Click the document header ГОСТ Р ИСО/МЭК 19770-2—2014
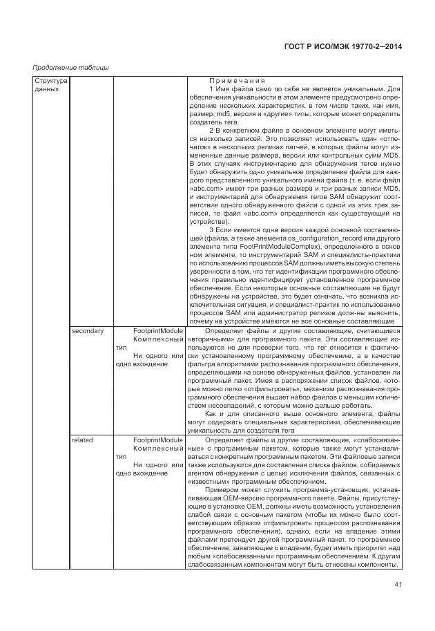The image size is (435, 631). [x=343, y=46]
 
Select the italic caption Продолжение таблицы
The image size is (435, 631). [x=71, y=67]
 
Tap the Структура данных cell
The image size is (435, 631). [x=50, y=85]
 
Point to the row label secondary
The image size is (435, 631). [x=87, y=331]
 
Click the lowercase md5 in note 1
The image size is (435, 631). [x=223, y=114]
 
